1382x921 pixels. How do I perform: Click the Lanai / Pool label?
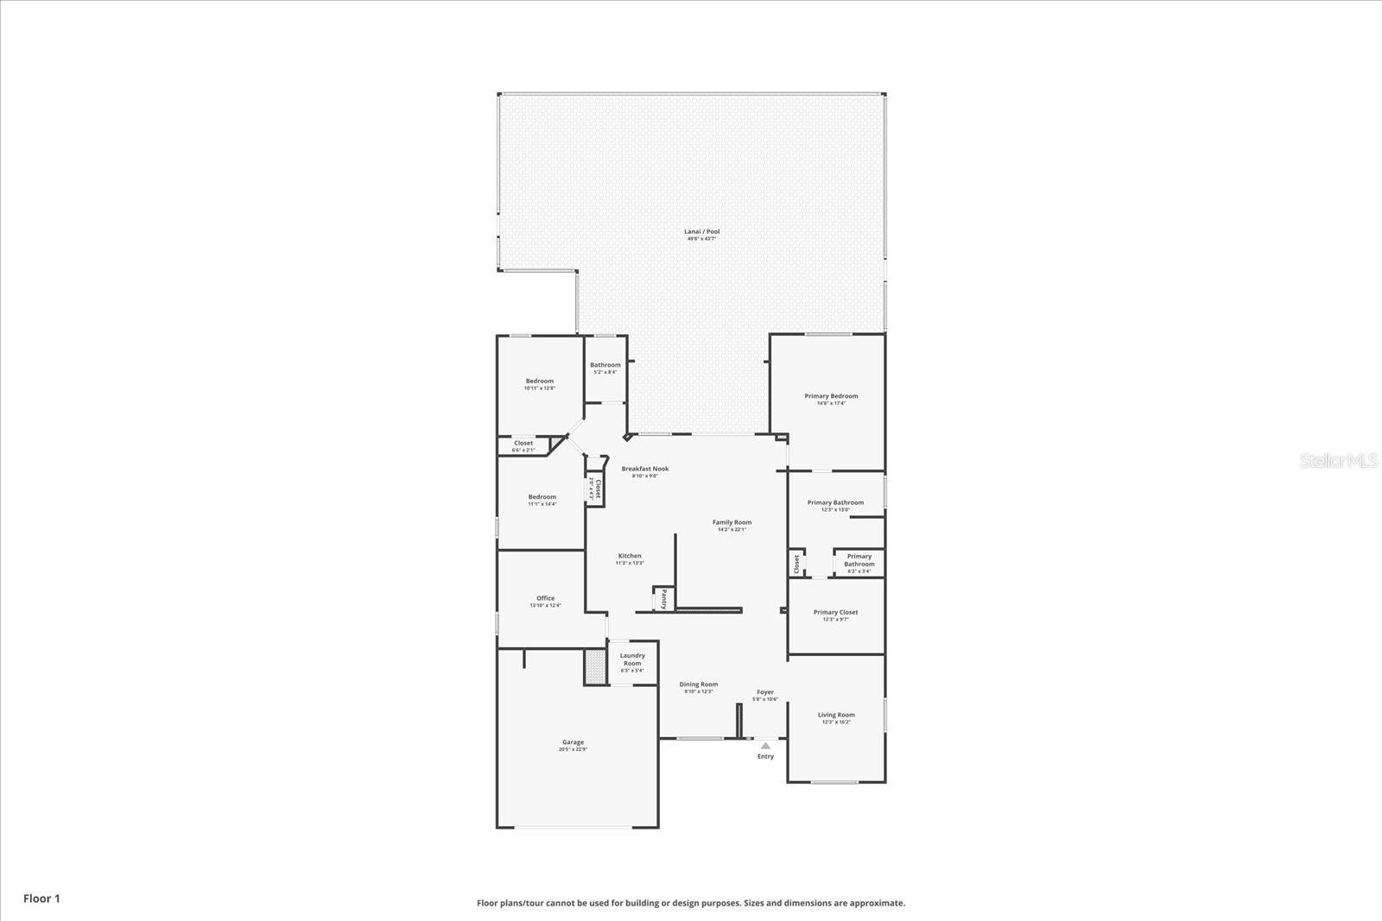[701, 231]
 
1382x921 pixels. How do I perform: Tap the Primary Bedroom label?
[831, 396]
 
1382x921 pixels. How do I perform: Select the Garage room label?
[573, 742]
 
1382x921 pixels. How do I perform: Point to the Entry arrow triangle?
[765, 745]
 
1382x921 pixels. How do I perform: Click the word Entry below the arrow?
[765, 756]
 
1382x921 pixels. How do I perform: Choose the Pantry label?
[663, 598]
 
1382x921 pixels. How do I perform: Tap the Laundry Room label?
[632, 659]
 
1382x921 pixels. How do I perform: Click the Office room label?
[545, 598]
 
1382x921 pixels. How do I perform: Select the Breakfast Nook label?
[644, 469]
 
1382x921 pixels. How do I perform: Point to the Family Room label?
[732, 522]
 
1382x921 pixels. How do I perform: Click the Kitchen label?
[630, 556]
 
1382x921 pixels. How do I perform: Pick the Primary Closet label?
[835, 612]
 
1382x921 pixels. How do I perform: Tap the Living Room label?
[836, 715]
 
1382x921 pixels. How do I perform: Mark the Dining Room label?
[698, 684]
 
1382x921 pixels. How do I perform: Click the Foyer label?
[765, 692]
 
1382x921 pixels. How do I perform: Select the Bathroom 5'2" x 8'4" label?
[605, 365]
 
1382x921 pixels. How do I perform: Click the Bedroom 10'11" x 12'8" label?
[540, 382]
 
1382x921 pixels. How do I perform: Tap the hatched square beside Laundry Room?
[594, 666]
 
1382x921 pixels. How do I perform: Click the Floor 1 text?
[41, 899]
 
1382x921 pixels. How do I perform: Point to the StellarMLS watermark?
[1340, 461]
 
